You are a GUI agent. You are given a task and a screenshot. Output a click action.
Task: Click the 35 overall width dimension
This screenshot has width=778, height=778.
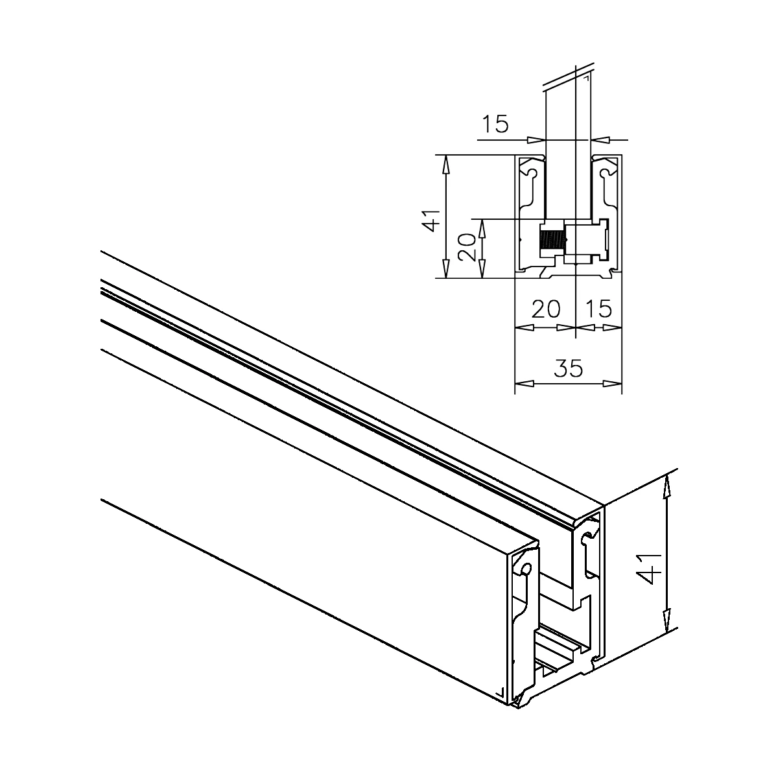pos(569,368)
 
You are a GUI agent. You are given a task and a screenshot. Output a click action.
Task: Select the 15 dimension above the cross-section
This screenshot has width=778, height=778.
pos(496,124)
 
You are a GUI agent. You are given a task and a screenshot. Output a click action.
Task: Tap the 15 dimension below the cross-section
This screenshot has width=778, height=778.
pos(599,309)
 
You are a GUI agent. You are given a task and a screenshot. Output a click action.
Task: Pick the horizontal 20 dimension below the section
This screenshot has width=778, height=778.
pos(546,309)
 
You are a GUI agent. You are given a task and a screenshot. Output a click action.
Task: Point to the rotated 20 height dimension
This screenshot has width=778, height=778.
pos(467,247)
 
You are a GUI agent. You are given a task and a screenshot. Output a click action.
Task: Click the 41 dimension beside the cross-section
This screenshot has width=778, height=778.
pos(430,220)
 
